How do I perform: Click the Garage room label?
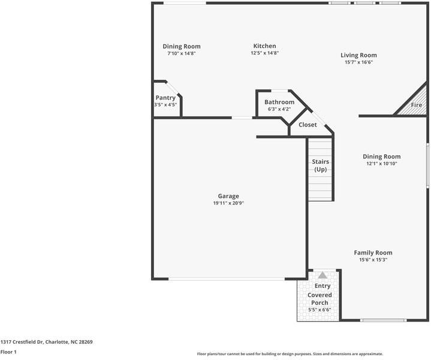pos(228,196)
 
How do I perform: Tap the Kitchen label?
pos(264,46)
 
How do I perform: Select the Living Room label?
pos(359,55)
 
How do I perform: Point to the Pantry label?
pos(165,98)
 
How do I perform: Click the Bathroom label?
pos(279,102)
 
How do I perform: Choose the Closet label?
pos(308,125)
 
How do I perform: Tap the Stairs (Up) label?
pos(320,166)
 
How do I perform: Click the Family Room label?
pos(373,253)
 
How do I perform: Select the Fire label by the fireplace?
pos(416,105)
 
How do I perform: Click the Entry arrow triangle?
pos(323,275)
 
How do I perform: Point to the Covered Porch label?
pos(320,299)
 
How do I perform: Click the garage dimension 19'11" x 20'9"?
pos(228,203)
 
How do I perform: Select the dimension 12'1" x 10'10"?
pos(382,164)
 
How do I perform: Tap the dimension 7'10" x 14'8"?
pos(182,53)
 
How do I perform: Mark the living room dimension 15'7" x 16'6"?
pos(359,62)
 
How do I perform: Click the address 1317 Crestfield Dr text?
pos(46,341)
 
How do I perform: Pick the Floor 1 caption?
pos(8,352)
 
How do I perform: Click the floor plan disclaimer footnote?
pos(290,353)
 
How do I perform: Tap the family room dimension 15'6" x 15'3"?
pos(373,260)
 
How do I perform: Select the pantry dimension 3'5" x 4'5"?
pos(165,105)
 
